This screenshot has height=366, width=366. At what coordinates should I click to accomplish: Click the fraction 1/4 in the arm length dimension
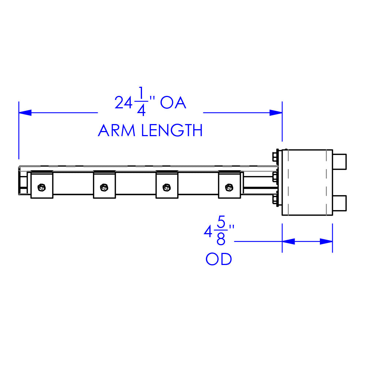click(141, 103)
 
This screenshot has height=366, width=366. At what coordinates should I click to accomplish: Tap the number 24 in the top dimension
click(123, 103)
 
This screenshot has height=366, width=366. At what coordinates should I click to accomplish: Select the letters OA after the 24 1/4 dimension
click(173, 103)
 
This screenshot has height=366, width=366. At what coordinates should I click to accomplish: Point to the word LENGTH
click(172, 131)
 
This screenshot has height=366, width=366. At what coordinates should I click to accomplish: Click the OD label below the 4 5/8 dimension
click(219, 259)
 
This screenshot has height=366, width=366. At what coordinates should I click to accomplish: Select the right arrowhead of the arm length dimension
click(276, 113)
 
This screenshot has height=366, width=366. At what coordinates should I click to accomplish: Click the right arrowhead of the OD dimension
click(326, 242)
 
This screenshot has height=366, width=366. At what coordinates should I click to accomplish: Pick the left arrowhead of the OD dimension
click(288, 242)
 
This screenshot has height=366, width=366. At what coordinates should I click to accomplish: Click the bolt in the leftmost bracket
click(42, 188)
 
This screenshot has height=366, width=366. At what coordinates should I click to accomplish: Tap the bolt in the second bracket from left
click(104, 188)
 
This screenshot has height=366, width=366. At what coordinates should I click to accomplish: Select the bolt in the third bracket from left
click(167, 188)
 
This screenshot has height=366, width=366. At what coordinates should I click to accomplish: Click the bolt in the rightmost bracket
click(229, 188)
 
